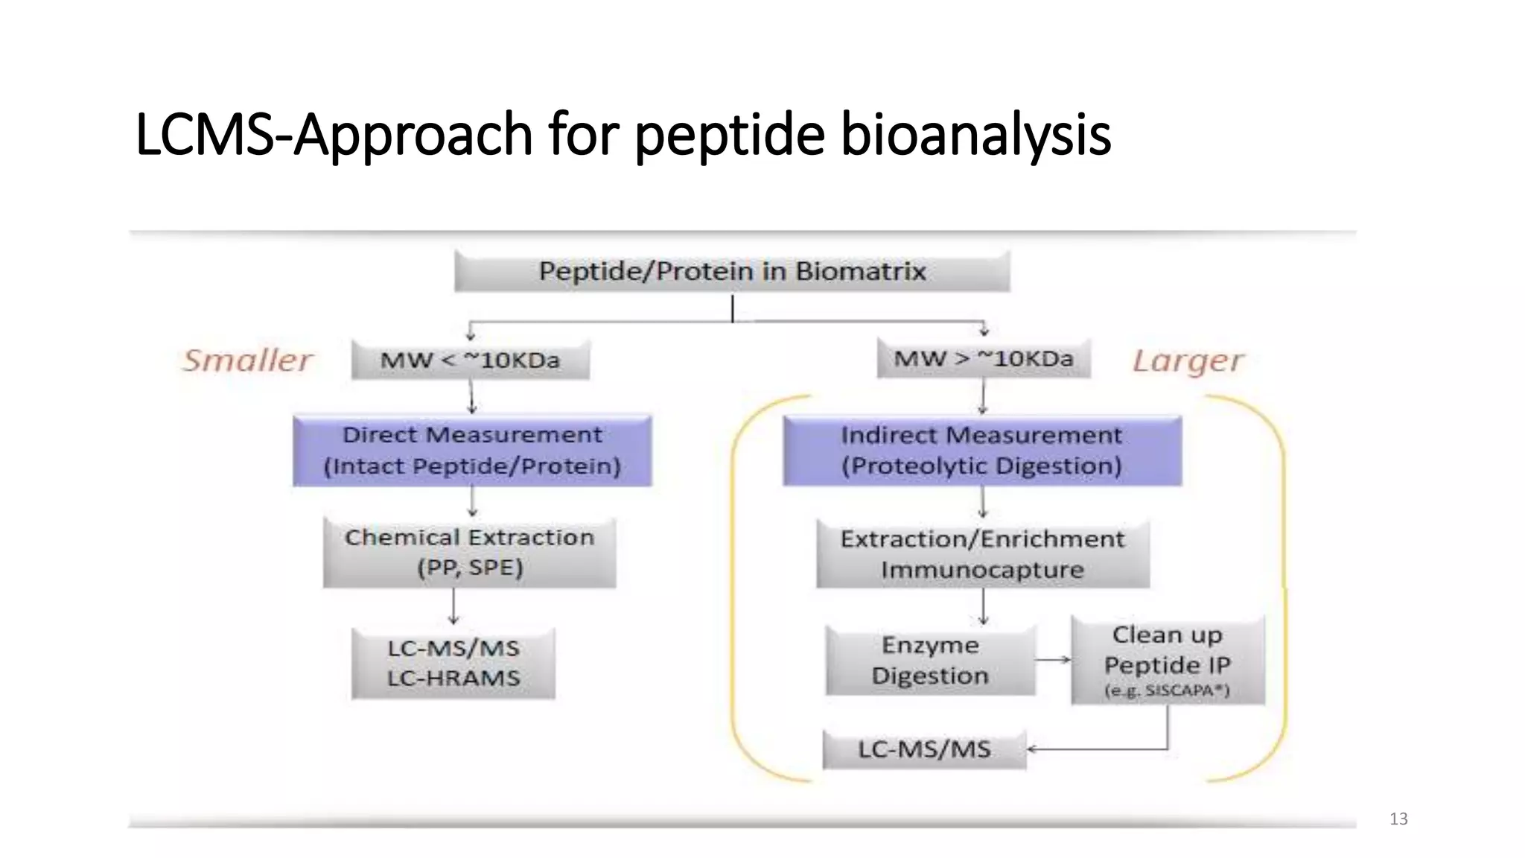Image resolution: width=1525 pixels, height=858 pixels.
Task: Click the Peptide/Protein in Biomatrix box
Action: coord(732,271)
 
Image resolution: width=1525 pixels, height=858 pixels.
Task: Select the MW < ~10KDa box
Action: coord(470,360)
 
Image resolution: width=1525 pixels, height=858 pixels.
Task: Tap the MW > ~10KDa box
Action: coord(983,359)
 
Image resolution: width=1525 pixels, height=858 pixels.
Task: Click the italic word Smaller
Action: coord(248,360)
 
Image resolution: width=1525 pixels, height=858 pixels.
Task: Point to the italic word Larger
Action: coord(1188,361)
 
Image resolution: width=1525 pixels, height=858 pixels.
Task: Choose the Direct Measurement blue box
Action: coord(472,451)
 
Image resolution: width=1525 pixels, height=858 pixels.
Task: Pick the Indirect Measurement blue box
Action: coord(981,451)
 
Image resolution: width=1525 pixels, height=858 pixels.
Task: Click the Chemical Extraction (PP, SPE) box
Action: coord(470,553)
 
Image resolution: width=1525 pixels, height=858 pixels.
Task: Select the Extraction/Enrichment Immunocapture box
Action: coord(982,554)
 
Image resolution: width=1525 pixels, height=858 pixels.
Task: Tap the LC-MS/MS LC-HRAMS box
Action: coord(453,663)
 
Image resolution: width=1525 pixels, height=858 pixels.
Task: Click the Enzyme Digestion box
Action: coord(930,660)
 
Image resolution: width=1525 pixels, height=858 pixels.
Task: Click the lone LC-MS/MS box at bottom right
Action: coord(924,749)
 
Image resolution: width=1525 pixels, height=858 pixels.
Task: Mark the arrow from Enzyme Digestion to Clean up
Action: coord(1053,660)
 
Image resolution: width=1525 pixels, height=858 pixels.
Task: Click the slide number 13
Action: coord(1398,819)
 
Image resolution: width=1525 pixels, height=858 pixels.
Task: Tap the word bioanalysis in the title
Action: coord(975,134)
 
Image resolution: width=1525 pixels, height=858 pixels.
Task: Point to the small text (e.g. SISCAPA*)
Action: coord(1167,691)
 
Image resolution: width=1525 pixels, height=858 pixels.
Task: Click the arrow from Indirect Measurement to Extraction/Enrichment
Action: coord(983,502)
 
